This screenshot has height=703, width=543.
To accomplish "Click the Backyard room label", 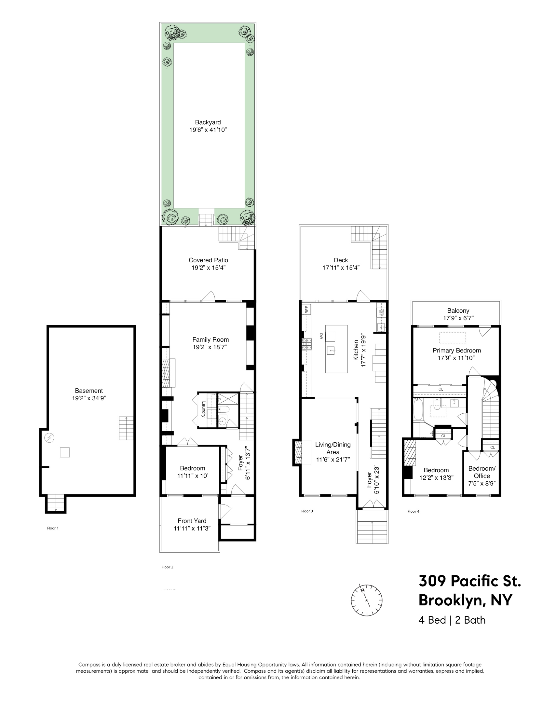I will point(208,122).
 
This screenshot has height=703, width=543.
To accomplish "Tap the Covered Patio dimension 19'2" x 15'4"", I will point(208,268).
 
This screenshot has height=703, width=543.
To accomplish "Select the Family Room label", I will point(210,339).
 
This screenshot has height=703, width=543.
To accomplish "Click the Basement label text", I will point(89,391).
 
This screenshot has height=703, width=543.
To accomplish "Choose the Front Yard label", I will point(192,521).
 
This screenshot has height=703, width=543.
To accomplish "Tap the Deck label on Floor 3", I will point(341,260).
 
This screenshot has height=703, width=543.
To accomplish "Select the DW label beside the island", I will point(321,336).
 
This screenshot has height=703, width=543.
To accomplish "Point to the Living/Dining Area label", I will point(333,448).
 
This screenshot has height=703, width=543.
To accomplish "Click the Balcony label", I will point(458,311).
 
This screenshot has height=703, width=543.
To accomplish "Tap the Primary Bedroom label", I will point(456,351).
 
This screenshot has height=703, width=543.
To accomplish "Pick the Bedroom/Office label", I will point(482,472).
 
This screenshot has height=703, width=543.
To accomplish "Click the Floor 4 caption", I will point(413,511).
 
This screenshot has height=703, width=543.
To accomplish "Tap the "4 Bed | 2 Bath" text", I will point(452,620).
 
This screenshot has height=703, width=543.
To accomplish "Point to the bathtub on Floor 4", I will point(418,409).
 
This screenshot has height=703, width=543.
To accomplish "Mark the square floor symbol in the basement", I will point(65,452).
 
